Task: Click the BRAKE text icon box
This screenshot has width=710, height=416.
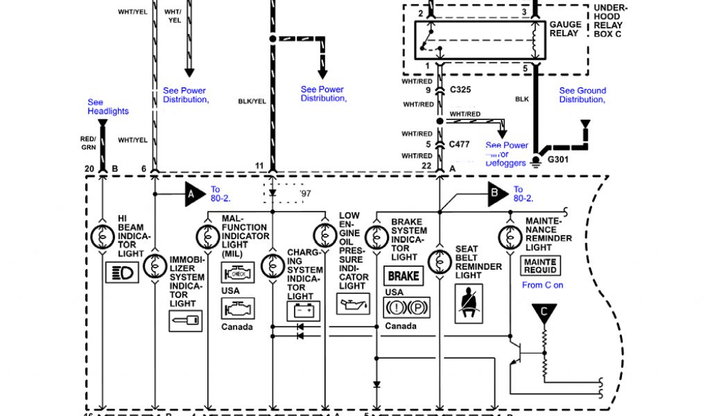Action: coord(403,275)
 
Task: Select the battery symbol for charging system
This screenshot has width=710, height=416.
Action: coord(303,310)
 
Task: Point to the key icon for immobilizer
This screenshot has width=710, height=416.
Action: coord(185,320)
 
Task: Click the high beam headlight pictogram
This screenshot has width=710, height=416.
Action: coord(121,272)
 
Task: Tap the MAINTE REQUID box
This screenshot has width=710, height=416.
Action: coord(539,266)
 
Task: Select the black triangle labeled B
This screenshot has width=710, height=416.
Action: coord(496,195)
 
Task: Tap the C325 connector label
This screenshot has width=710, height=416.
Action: coord(460,89)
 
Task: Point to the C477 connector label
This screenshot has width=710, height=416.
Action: coord(460,144)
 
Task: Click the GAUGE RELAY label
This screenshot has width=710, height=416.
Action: coord(564,28)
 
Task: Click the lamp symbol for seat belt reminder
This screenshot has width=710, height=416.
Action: coord(439,261)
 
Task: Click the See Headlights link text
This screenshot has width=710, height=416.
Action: coord(107,107)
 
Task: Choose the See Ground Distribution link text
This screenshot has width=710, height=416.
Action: coord(582,95)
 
